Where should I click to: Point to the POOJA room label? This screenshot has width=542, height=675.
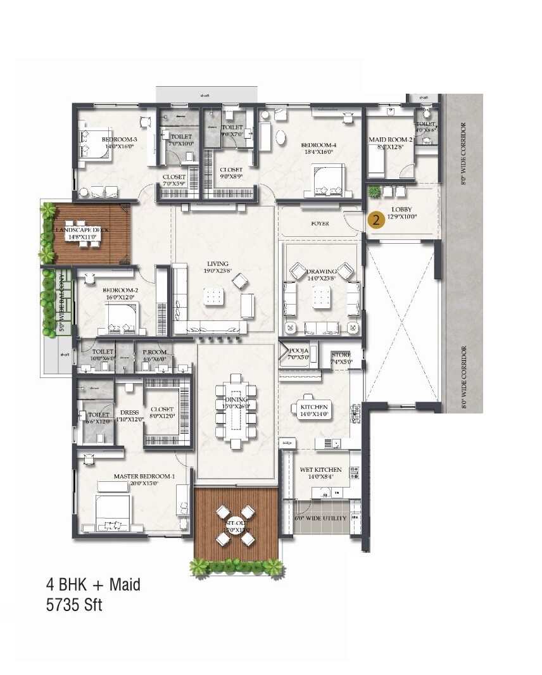[x=299, y=351]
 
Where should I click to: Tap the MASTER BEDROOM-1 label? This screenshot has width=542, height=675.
[x=144, y=476]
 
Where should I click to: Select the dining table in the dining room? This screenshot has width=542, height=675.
[x=236, y=410]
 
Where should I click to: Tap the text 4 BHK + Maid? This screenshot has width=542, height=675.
[x=92, y=583]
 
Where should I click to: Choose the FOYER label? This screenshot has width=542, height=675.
[x=320, y=224]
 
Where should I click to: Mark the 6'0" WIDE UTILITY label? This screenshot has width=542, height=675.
[x=321, y=518]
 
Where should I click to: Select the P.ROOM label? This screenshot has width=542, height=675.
[x=154, y=352]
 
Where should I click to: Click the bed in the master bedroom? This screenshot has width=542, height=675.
[x=111, y=512]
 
